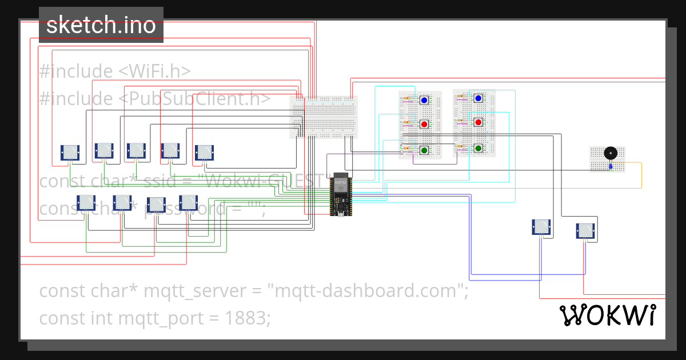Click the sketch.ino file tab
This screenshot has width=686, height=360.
(x=101, y=25)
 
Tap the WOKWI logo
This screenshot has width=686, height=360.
(x=607, y=315)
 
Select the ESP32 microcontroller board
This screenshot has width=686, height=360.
(x=341, y=194)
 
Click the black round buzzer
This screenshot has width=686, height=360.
(x=610, y=153)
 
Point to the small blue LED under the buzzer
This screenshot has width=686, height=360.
(x=611, y=166)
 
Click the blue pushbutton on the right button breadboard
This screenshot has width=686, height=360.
(x=478, y=98)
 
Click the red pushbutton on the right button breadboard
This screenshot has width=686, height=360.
(x=478, y=122)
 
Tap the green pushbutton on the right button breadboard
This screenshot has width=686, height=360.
(x=478, y=149)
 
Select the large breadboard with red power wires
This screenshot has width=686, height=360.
(x=324, y=117)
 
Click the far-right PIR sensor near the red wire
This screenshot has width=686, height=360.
(x=585, y=231)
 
